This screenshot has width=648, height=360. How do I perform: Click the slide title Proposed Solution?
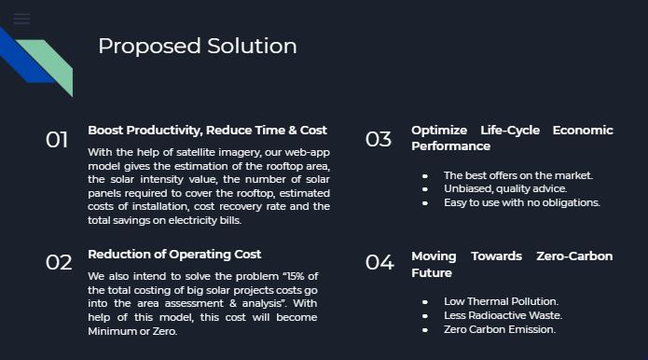[198, 47]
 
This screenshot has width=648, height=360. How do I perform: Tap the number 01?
[57, 140]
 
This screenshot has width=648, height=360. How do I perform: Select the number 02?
[59, 262]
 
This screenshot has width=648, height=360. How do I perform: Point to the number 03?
[379, 140]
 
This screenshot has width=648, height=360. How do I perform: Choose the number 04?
[379, 262]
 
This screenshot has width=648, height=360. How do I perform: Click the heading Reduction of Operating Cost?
[174, 255]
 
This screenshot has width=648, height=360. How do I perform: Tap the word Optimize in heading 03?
[438, 131]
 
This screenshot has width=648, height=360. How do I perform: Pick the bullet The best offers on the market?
[517, 175]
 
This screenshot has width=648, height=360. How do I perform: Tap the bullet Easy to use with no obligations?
[521, 202]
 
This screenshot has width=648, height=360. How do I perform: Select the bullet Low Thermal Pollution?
[501, 301]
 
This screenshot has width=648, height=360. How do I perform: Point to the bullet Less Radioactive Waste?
[503, 315]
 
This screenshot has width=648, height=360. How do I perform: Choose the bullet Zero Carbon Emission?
[499, 329]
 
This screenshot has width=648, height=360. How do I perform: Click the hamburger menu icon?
[21, 19]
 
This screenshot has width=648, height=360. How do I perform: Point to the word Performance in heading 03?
[450, 146]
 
